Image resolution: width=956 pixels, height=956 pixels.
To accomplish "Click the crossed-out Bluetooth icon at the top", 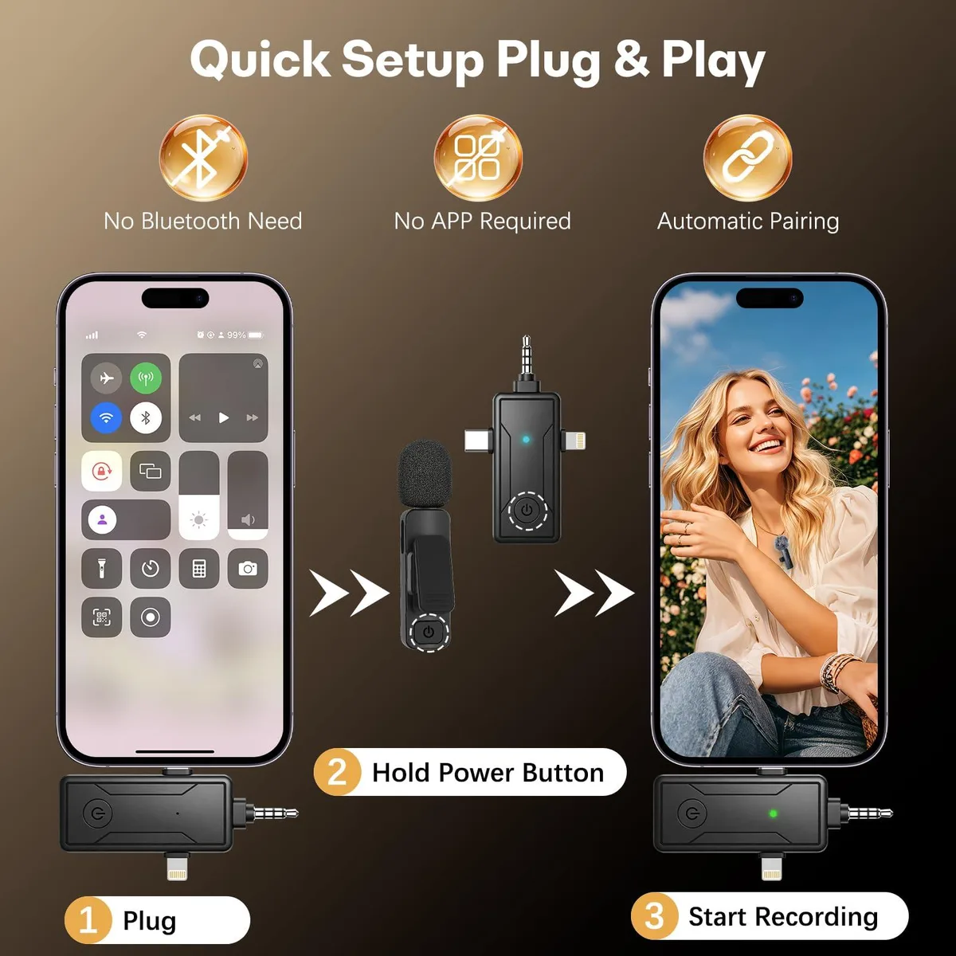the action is click(203, 158).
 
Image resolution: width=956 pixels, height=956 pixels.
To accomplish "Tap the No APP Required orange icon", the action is click(478, 158).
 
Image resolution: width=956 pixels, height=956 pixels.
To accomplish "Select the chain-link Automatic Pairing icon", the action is click(747, 158).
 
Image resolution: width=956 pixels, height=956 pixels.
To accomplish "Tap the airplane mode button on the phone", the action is click(106, 378).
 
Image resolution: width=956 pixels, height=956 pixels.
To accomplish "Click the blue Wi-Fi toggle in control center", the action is click(106, 417).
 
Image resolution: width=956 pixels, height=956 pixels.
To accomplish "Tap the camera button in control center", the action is click(248, 569).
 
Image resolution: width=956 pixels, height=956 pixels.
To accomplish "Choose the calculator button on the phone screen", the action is click(199, 569).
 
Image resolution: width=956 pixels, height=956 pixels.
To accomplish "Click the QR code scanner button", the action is click(102, 617).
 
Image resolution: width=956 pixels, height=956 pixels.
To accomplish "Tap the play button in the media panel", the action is click(224, 417).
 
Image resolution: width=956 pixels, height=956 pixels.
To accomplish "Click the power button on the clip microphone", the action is click(429, 632).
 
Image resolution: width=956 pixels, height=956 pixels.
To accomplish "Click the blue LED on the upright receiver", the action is click(526, 440).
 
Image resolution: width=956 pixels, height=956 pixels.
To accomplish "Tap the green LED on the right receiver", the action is click(773, 813).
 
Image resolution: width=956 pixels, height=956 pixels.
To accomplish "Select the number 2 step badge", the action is click(337, 772).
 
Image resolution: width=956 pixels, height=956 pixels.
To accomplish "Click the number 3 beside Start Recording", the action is click(654, 916).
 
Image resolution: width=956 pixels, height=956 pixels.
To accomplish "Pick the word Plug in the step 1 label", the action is click(149, 922).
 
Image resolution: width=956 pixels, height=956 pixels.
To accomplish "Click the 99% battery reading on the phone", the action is click(236, 335).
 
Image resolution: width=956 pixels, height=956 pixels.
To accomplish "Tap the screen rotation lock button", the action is click(102, 471).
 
